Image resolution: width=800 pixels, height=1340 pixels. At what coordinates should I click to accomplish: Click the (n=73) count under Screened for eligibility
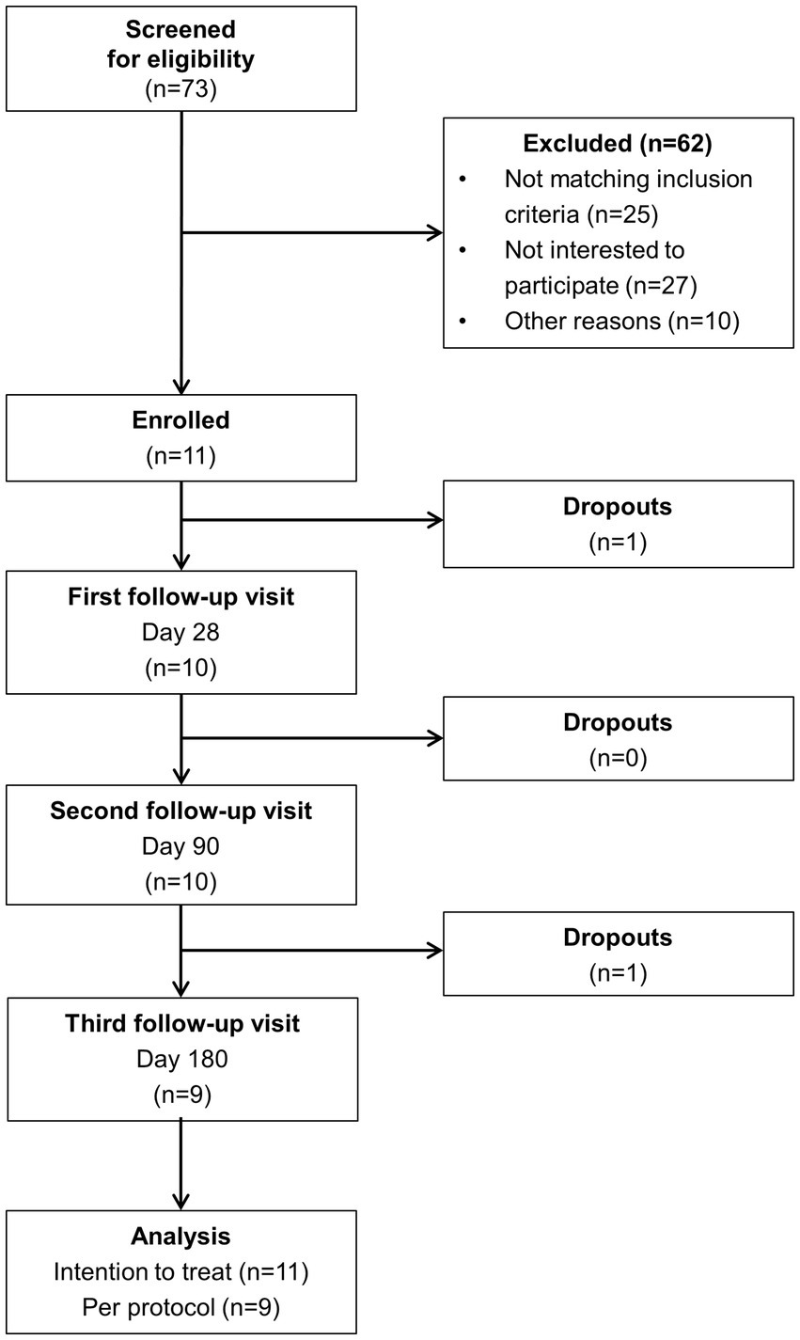pyautogui.click(x=181, y=91)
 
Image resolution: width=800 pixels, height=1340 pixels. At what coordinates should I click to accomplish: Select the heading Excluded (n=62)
pyautogui.click(x=618, y=144)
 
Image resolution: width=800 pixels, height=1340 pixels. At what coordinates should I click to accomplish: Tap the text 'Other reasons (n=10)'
pyautogui.click(x=621, y=321)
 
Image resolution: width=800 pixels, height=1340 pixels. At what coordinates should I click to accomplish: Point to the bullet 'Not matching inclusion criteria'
pyautogui.click(x=628, y=196)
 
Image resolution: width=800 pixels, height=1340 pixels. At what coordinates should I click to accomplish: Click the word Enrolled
pyautogui.click(x=181, y=420)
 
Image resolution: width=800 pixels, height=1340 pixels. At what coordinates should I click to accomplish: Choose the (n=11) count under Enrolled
pyautogui.click(x=181, y=456)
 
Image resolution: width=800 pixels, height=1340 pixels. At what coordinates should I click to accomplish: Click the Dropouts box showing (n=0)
pyautogui.click(x=618, y=738)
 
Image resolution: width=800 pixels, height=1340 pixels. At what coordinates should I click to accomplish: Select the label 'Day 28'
pyautogui.click(x=181, y=632)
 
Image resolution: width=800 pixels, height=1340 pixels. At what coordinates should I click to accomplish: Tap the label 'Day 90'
pyautogui.click(x=181, y=845)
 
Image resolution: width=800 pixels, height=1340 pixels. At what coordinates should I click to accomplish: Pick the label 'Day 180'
pyautogui.click(x=181, y=1059)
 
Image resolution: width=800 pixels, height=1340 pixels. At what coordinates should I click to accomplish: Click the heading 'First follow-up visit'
pyautogui.click(x=181, y=597)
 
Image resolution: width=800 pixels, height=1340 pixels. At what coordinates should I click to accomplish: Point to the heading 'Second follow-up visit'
pyautogui.click(x=181, y=811)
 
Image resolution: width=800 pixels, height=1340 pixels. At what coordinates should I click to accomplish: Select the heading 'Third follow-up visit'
pyautogui.click(x=181, y=1023)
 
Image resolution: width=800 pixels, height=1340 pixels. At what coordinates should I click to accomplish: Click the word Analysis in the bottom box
pyautogui.click(x=181, y=1236)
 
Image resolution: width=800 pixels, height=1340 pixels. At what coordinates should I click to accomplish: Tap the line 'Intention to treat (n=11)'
pyautogui.click(x=181, y=1271)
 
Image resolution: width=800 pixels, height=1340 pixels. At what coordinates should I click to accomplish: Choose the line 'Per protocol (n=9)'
pyautogui.click(x=181, y=1306)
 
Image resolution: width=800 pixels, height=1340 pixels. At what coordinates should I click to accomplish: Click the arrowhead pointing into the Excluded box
pyautogui.click(x=434, y=232)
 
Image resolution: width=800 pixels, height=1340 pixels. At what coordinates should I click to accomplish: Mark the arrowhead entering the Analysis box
pyautogui.click(x=180, y=1201)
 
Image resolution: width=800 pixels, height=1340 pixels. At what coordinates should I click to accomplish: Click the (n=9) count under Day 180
pyautogui.click(x=181, y=1095)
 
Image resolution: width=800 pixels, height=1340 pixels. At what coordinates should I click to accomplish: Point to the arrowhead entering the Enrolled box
pyautogui.click(x=180, y=385)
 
